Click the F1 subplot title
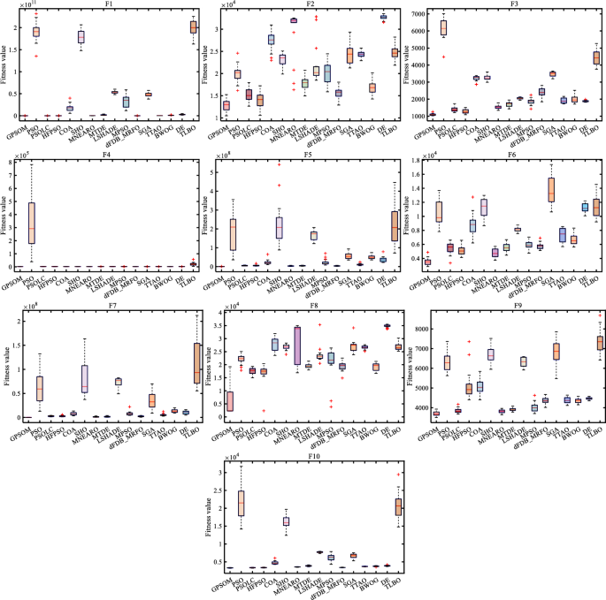coord(109,4)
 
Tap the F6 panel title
coord(504,154)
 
